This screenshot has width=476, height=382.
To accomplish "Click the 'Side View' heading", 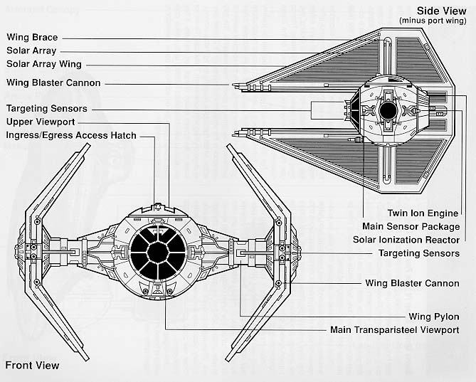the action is click(441, 11).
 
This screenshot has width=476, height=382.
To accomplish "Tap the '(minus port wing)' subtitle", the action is click(433, 21).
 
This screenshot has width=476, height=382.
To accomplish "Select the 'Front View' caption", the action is click(32, 366).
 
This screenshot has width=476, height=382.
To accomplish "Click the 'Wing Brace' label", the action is click(32, 37).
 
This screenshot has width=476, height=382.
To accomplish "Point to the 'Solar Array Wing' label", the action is click(44, 64).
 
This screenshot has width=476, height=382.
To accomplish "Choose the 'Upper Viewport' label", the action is click(41, 122).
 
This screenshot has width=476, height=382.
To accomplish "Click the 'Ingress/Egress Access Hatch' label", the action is click(71, 135).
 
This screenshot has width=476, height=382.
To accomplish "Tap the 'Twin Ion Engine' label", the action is click(423, 213).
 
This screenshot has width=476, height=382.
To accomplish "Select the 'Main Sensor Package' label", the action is click(411, 227).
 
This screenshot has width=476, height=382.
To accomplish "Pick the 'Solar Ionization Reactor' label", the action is click(406, 240).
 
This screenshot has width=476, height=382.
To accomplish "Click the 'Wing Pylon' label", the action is click(434, 317).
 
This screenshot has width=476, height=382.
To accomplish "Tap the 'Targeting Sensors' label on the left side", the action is click(47, 109).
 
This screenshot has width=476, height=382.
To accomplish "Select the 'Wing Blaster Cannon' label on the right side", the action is click(412, 283).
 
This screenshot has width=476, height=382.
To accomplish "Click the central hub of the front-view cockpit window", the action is click(157, 252).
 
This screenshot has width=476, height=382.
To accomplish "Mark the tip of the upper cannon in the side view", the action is click(233, 85).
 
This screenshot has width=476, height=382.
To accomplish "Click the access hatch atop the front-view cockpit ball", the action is click(157, 207).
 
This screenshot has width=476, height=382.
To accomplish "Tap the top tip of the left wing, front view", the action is click(88, 144).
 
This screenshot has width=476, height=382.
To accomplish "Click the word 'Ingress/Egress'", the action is click(39, 135).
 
